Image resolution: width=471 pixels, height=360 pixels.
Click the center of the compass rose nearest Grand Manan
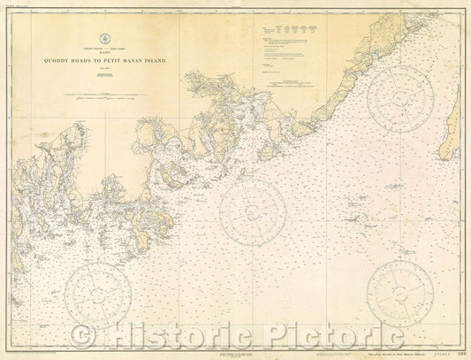(x=400, y=99)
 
